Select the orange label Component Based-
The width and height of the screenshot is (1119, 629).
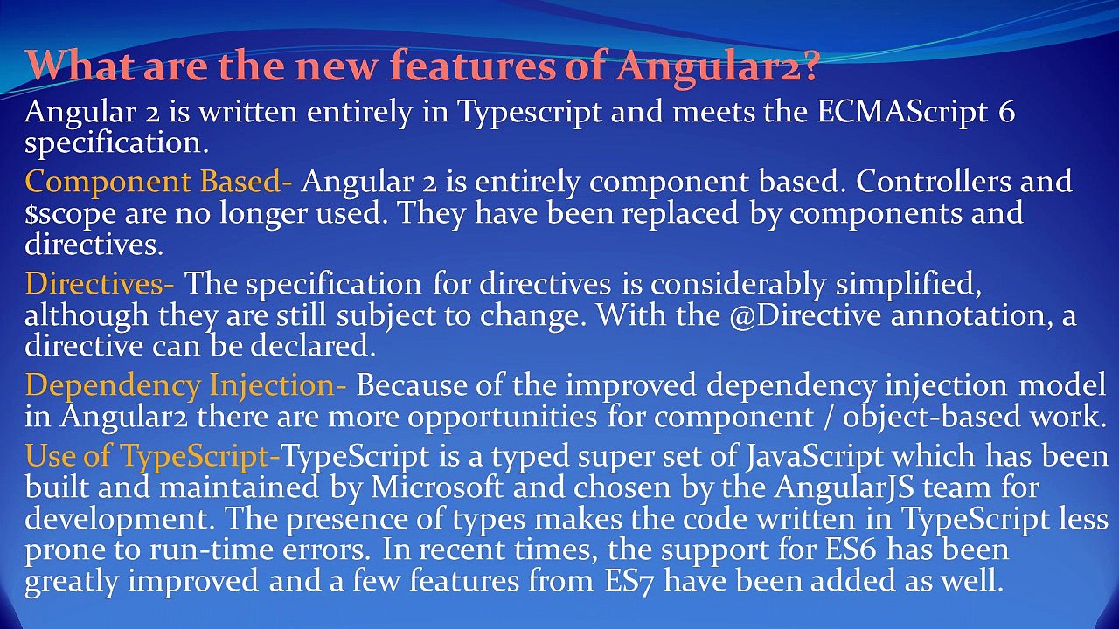(158, 182)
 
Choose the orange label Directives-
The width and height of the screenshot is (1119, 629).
(99, 283)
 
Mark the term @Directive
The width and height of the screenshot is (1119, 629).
(803, 315)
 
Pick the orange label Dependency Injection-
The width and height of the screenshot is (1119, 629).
(185, 384)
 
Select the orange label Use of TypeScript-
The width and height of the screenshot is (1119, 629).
(153, 456)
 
